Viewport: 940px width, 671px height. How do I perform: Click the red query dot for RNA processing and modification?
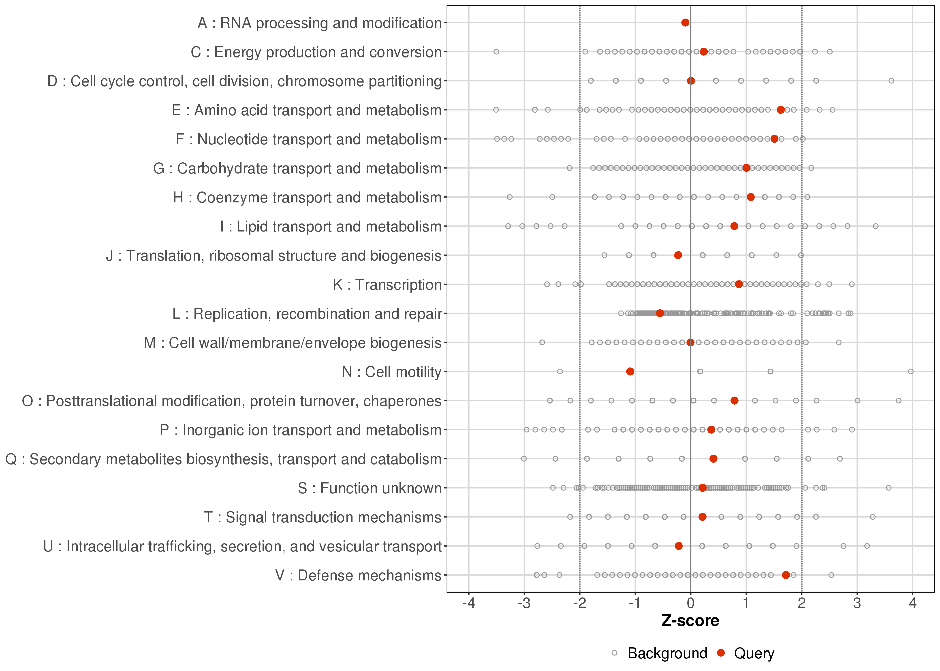pos(685,22)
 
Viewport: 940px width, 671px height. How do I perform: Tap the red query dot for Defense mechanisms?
pos(786,575)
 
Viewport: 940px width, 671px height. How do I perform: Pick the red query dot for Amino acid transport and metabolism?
pos(780,110)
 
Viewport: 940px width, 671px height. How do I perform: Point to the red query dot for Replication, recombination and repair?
pos(660,313)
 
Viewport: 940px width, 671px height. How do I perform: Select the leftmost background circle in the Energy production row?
pos(496,52)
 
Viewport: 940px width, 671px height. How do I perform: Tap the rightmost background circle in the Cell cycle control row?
pos(891,81)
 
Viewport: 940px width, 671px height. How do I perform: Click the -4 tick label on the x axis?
pos(469,604)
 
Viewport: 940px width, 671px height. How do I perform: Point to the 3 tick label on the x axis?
pos(857,604)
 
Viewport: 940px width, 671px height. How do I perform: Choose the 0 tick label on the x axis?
pos(690,604)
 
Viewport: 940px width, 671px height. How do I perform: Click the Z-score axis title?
pos(690,621)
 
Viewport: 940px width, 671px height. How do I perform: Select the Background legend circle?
pos(614,653)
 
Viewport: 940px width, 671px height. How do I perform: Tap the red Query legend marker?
pos(721,653)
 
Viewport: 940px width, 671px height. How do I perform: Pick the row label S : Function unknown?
pos(370,488)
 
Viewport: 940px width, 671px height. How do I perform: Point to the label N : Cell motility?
pos(391,372)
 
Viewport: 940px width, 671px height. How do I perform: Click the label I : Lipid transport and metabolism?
pos(331,226)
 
